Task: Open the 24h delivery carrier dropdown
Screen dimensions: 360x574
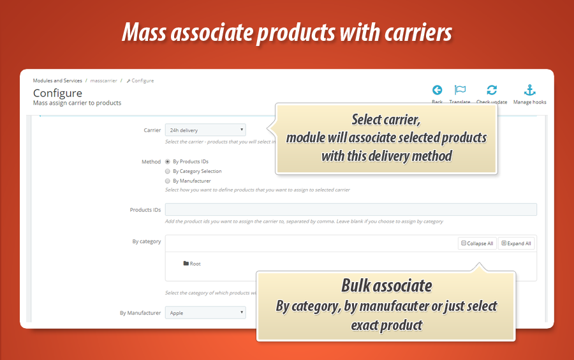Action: [205, 130]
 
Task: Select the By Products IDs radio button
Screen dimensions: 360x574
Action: [168, 161]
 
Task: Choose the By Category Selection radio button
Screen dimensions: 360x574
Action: [168, 171]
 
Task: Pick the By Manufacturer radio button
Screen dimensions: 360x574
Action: [168, 181]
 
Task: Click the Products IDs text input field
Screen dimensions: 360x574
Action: [351, 209]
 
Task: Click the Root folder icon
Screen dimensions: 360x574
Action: [186, 264]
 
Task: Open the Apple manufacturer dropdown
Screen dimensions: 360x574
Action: [205, 313]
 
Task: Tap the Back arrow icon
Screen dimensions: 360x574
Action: [437, 91]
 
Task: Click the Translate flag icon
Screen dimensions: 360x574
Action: [460, 91]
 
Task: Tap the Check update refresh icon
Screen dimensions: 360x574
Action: [492, 91]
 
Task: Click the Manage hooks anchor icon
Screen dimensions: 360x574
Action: [529, 91]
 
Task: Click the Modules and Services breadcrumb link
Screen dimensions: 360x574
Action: [57, 81]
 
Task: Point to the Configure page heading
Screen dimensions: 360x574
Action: [57, 93]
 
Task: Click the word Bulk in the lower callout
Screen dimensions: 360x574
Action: [360, 285]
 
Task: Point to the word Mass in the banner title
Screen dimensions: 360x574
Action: [144, 33]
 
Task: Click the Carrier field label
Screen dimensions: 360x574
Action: [152, 130]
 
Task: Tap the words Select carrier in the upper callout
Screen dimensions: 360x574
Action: [386, 120]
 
